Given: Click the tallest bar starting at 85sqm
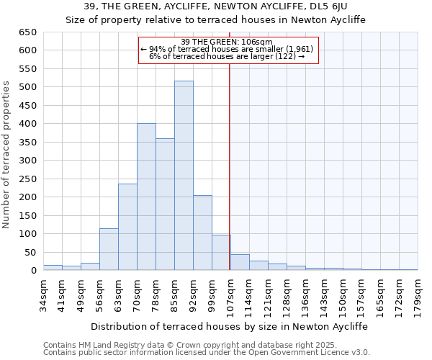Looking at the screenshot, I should point(184,176).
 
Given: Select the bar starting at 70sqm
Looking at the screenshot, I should point(146,197).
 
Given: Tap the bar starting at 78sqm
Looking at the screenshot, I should point(165,204).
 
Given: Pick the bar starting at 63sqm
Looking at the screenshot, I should point(127,227).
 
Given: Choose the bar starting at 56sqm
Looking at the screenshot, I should point(109,249).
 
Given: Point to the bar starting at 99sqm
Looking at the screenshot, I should point(221,253).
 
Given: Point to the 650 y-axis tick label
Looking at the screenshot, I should point(27,32).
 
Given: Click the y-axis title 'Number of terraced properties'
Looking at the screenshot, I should point(7,155).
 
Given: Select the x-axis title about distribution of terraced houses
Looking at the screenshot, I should point(228,326).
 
